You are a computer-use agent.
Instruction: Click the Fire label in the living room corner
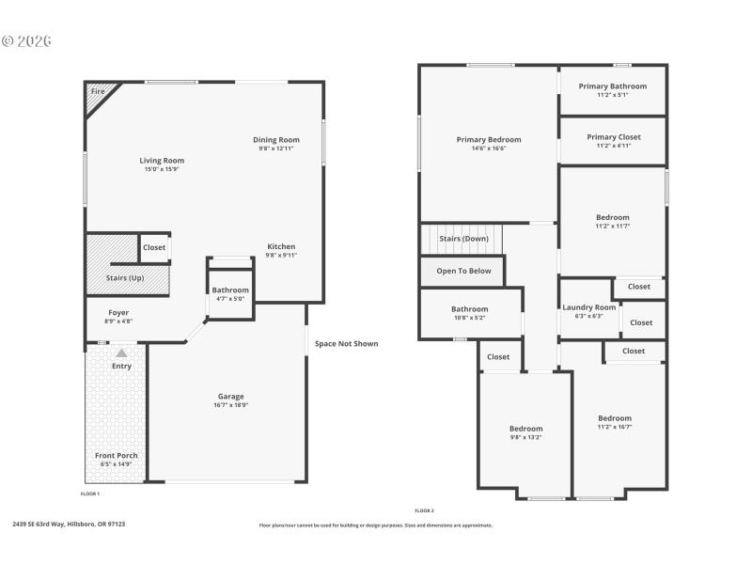[97, 91]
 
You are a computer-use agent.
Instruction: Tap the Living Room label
[162, 161]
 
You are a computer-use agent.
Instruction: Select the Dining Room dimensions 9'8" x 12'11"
[276, 149]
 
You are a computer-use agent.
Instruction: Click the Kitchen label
[281, 247]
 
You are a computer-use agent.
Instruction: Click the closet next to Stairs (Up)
[154, 247]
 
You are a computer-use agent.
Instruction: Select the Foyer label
[118, 313]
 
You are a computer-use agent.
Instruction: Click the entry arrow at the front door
[121, 353]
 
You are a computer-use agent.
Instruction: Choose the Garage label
[231, 397]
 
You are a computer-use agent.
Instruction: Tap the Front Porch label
[117, 456]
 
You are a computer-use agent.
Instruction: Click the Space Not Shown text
[346, 343]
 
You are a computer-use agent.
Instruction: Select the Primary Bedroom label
[488, 140]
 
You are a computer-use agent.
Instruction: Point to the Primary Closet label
[613, 137]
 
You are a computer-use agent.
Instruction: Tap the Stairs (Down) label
[463, 239]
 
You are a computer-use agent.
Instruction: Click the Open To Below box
[462, 271]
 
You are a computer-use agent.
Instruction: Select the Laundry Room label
[589, 307]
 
